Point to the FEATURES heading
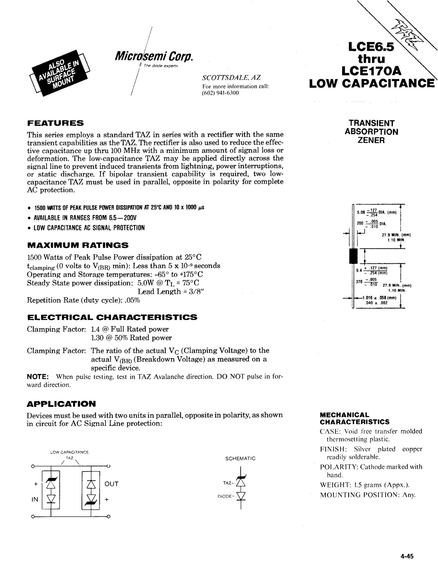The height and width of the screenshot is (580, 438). click(55, 123)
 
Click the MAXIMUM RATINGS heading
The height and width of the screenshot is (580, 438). click(78, 245)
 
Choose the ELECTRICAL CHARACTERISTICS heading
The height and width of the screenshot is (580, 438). click(112, 317)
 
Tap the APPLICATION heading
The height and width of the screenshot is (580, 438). click(61, 404)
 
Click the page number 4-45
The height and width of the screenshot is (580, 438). click(407, 556)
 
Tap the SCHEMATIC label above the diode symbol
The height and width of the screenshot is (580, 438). click(240, 459)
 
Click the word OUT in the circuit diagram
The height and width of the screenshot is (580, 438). click(111, 484)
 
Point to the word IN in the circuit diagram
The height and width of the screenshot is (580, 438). click(35, 499)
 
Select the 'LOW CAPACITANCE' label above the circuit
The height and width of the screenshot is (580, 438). click(69, 452)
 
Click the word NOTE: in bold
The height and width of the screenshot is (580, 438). click(37, 377)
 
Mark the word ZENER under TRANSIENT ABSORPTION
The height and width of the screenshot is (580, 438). click(371, 140)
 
